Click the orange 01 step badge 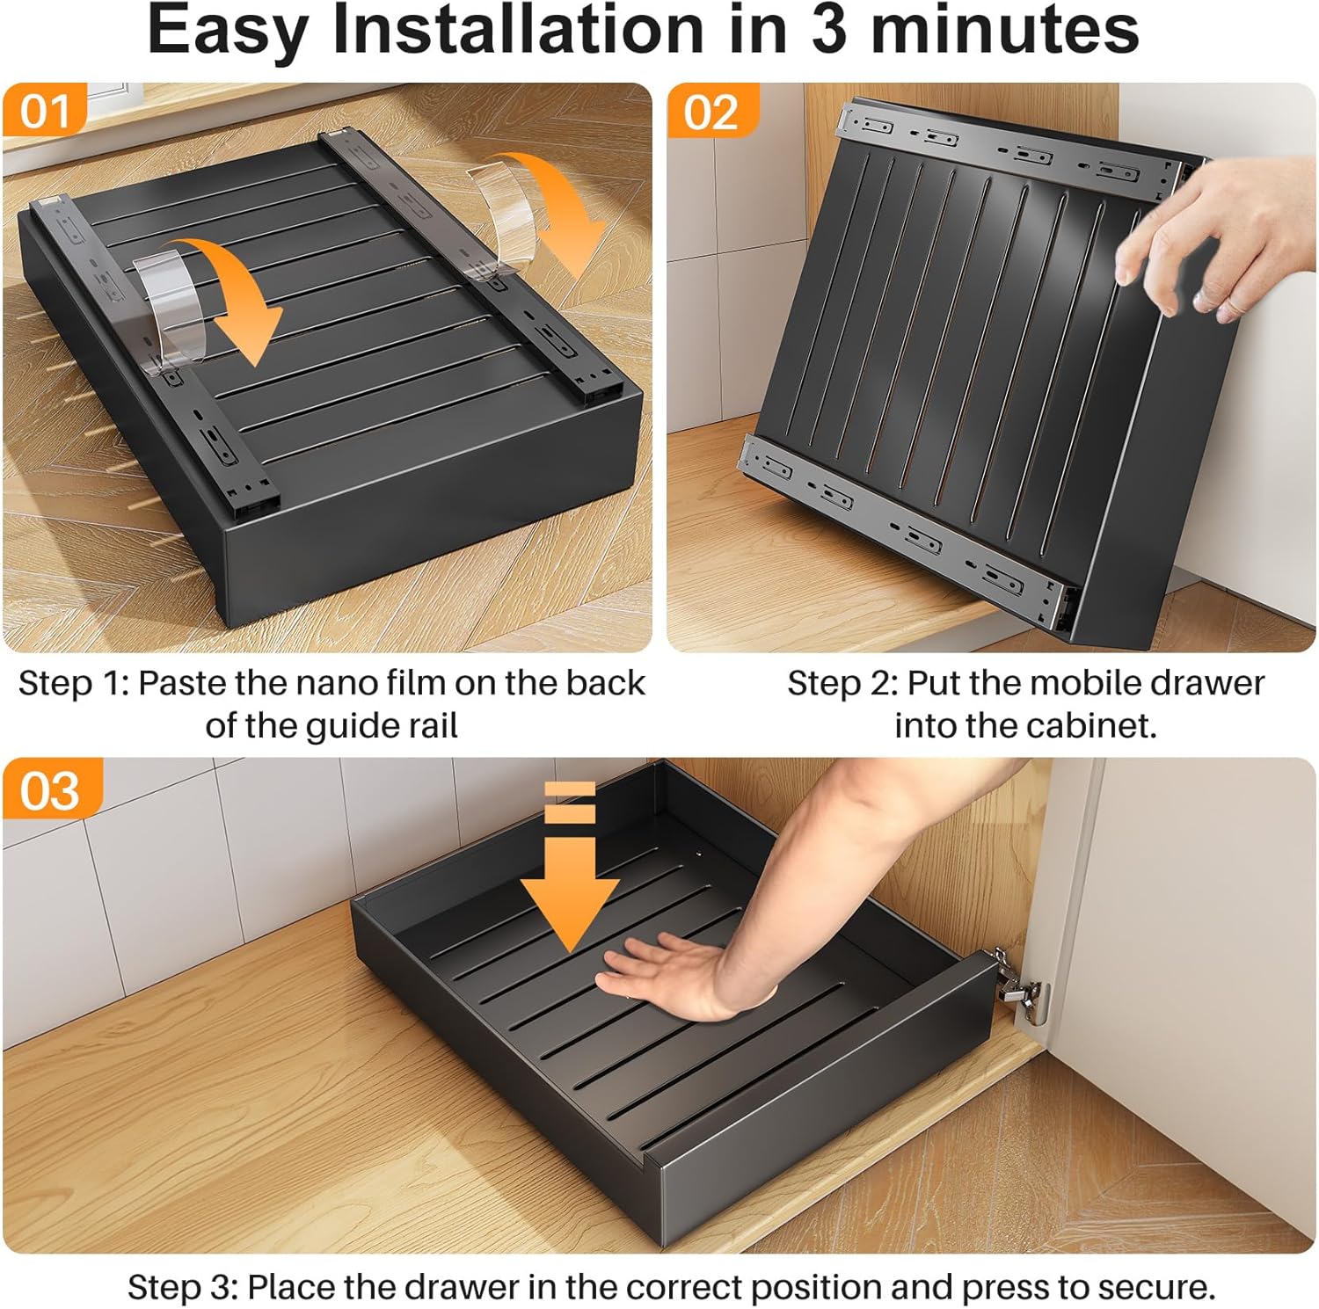coord(44,112)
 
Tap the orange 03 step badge coord(50,789)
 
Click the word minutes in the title coord(1004,30)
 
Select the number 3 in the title coord(827,30)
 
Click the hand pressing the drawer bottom coord(668,976)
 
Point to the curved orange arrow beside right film coord(563,211)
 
